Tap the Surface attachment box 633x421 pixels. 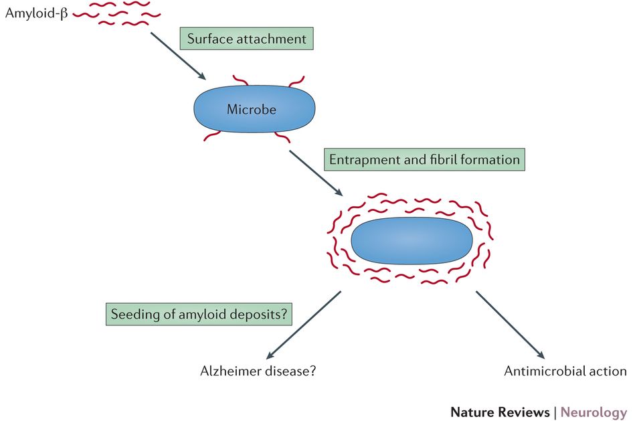[x=246, y=39]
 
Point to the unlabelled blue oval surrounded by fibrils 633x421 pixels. [x=412, y=240]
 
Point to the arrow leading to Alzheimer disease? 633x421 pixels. [x=304, y=324]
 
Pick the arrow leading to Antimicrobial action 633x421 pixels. [x=511, y=324]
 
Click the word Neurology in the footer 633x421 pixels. [x=594, y=412]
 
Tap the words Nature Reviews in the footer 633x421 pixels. [x=499, y=412]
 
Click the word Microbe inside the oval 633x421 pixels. [x=252, y=109]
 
